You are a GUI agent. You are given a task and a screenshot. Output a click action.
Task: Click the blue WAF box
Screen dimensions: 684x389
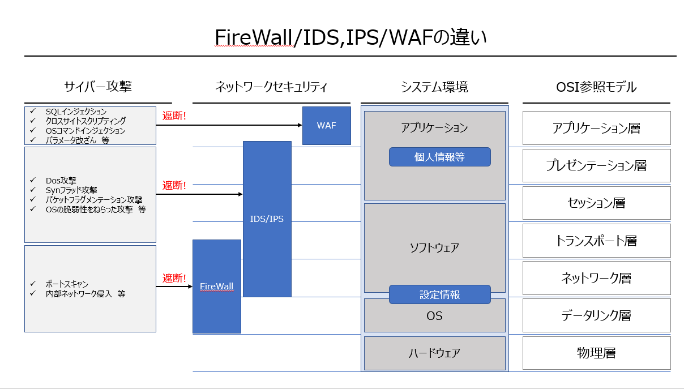(326, 126)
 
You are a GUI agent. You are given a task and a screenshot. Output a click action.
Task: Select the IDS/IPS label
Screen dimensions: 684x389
(267, 219)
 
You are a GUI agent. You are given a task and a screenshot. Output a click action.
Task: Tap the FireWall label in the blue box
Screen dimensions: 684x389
(216, 287)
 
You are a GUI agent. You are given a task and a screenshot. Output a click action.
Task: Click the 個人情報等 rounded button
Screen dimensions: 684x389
(440, 157)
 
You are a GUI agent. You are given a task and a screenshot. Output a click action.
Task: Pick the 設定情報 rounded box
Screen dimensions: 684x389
(440, 294)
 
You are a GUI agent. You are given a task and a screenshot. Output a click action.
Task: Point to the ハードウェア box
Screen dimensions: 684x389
(434, 353)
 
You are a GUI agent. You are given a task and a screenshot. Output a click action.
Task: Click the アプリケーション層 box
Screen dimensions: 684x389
(596, 128)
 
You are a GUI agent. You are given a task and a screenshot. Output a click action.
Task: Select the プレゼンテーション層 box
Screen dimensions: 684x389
(596, 165)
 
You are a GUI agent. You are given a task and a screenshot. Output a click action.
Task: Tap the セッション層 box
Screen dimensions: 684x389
(596, 203)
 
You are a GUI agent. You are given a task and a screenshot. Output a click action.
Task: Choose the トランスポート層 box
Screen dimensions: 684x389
(596, 241)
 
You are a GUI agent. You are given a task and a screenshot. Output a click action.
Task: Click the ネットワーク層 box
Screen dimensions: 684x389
(596, 278)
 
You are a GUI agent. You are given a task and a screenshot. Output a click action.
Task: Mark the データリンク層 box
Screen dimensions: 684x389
(596, 315)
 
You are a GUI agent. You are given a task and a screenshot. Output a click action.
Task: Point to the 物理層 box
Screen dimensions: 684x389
(596, 353)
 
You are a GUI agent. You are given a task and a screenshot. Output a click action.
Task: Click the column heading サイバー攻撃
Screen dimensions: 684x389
(98, 87)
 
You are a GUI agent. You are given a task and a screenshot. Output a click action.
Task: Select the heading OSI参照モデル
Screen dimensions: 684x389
(596, 87)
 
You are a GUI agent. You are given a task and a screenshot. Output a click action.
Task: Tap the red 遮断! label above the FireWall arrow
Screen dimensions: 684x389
(174, 278)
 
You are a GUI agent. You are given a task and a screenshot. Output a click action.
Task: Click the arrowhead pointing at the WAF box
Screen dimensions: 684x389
(300, 125)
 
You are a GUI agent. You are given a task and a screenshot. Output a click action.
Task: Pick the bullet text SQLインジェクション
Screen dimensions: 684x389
(76, 112)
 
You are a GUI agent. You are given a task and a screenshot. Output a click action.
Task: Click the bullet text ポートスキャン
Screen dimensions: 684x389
(67, 284)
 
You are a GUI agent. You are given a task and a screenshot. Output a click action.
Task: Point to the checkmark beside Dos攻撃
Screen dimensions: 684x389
(33, 180)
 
